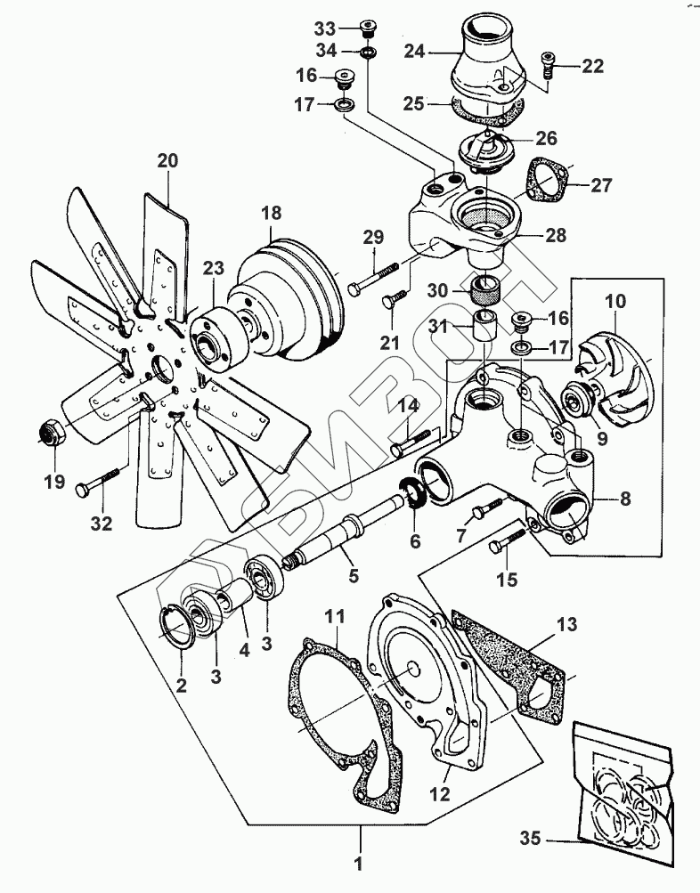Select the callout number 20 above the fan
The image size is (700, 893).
[x=168, y=161]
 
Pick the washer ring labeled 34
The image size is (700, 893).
[x=367, y=53]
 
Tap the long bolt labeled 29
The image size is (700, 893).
[x=373, y=279]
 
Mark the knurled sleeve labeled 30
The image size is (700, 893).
[x=484, y=290]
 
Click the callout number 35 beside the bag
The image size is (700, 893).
[x=530, y=839]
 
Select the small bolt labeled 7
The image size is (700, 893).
[x=486, y=508]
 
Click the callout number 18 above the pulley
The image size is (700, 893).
[x=272, y=213]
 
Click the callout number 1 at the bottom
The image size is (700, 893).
[x=358, y=864]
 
